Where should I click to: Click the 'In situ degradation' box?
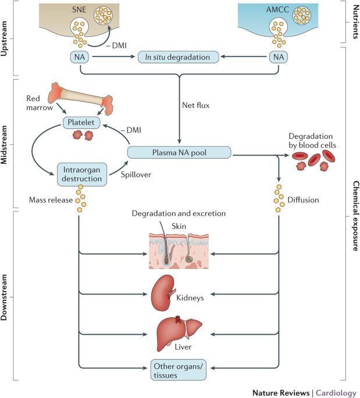tap(178, 57)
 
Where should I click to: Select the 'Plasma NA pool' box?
tap(179, 152)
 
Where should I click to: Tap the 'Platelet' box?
tap(81, 123)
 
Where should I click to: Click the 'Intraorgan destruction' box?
tap(82, 174)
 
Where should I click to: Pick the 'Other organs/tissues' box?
tap(179, 370)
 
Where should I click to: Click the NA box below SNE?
tap(80, 57)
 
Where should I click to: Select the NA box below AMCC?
tap(279, 57)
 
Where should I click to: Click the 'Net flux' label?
tap(195, 105)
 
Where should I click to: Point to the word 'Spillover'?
tap(136, 175)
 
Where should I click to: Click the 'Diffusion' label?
tap(303, 200)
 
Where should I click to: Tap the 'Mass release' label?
tap(51, 200)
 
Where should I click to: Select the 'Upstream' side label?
tap(4, 38)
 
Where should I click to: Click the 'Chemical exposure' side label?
tap(356, 216)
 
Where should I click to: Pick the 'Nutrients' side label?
tap(356, 22)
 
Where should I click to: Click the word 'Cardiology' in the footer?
tap(336, 393)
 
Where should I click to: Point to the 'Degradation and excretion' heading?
tap(179, 213)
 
